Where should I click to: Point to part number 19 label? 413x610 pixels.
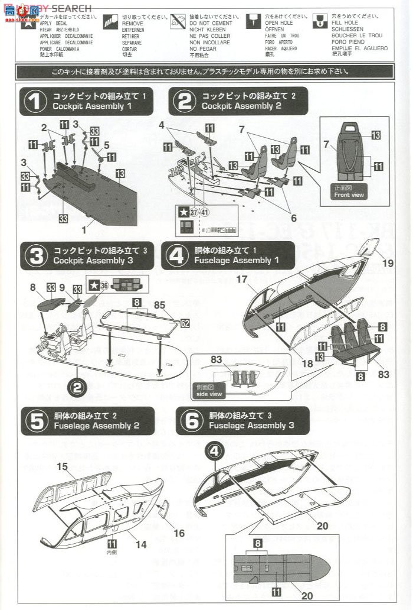click(x=388, y=262)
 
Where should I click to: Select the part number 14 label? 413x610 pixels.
click(x=142, y=544)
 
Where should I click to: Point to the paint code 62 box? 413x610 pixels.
click(x=185, y=324)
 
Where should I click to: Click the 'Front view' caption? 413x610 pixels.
click(x=350, y=195)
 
